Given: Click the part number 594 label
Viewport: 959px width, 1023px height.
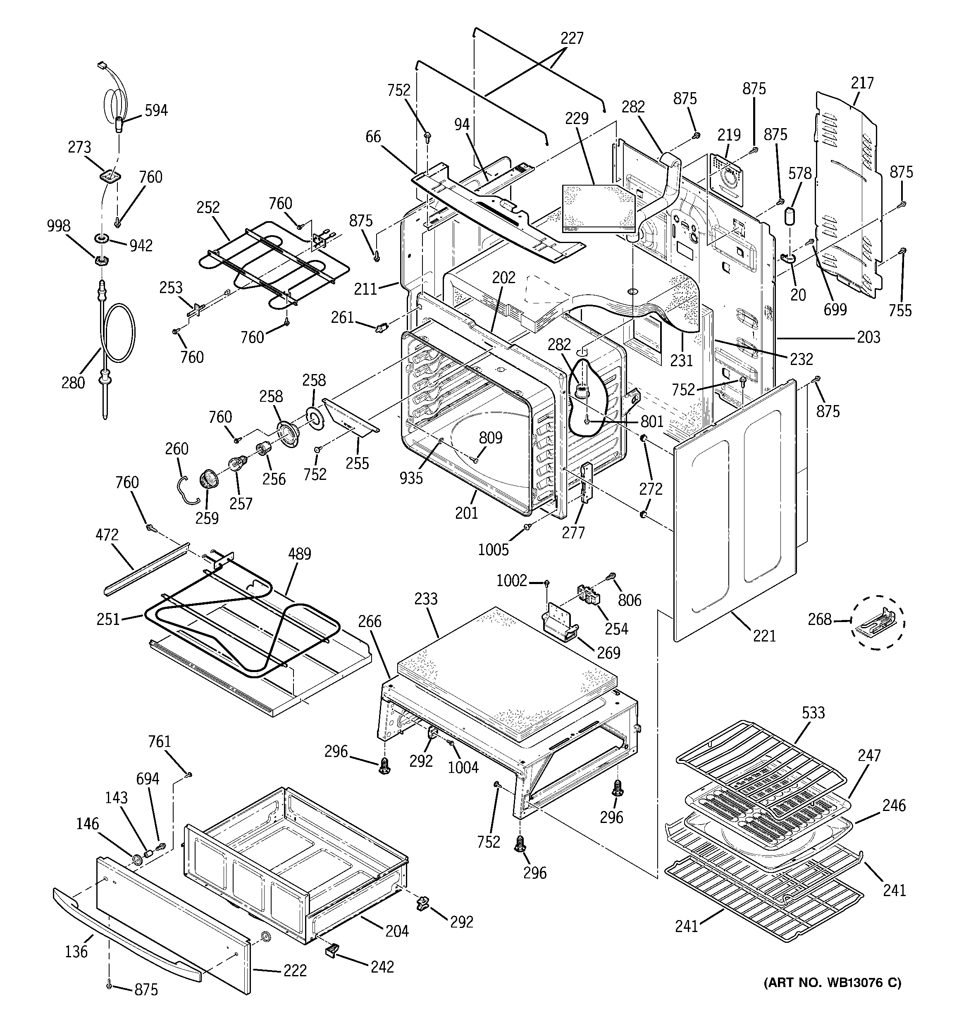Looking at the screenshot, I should click(155, 111).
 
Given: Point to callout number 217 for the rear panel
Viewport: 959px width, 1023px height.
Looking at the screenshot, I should click(862, 83).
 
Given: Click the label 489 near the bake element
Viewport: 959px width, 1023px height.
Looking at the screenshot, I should click(299, 554).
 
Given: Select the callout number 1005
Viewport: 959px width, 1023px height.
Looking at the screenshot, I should click(493, 550).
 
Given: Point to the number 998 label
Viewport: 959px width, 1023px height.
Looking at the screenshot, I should click(58, 226).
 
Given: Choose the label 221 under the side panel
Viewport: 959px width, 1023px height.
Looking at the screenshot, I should click(764, 636).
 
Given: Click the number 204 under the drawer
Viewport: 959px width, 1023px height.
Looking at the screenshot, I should click(396, 930).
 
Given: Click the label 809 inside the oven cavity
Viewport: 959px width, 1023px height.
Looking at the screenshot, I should click(490, 438).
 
